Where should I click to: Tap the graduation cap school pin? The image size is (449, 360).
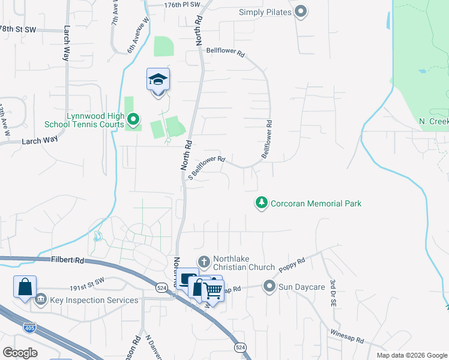pyautogui.click(x=158, y=80)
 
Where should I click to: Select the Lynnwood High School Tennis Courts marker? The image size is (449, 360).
pyautogui.click(x=134, y=120)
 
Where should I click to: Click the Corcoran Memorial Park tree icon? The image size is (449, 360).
pyautogui.click(x=261, y=203)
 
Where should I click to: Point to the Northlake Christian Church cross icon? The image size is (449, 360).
pyautogui.click(x=203, y=262)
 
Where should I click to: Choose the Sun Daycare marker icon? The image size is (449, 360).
pyautogui.click(x=270, y=286)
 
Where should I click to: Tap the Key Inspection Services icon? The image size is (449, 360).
pyautogui.click(x=41, y=299)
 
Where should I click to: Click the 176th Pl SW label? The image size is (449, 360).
pyautogui.click(x=182, y=4)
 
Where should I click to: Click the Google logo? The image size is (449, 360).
pyautogui.click(x=20, y=352)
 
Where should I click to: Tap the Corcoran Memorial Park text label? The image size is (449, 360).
pyautogui.click(x=316, y=203)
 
